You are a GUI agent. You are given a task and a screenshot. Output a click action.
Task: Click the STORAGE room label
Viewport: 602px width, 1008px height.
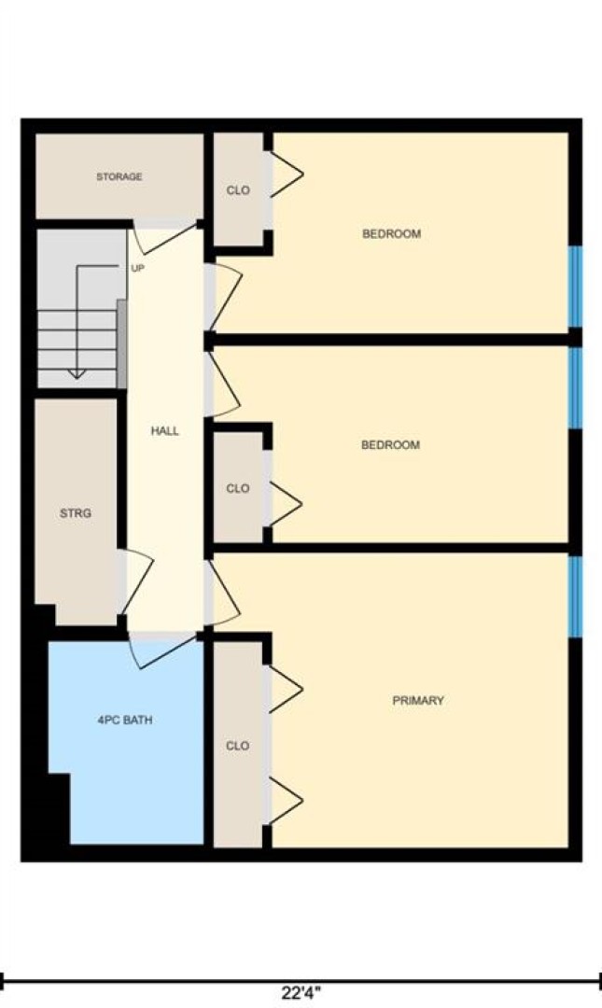point(119,176)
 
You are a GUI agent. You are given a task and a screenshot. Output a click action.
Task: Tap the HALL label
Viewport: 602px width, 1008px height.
point(164,431)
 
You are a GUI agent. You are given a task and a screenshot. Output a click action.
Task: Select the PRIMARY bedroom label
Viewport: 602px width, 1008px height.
point(418,701)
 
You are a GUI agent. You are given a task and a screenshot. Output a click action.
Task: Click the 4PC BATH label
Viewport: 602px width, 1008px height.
point(125,721)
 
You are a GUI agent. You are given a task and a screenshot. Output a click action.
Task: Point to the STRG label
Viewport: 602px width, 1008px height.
point(76,513)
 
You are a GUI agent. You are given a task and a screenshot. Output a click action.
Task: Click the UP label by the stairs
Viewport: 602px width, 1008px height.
point(137,269)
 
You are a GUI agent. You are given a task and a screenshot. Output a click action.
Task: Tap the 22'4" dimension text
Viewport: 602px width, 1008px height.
point(301,993)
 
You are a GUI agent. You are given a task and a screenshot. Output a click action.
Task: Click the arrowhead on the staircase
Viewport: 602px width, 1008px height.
point(77,372)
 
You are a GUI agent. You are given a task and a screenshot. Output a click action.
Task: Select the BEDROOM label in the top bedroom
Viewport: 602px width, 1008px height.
point(392,234)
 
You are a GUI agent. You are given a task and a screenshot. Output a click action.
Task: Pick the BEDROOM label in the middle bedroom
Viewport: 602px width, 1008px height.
point(390,445)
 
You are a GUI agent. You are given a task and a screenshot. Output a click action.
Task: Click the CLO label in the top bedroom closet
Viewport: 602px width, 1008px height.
point(238,191)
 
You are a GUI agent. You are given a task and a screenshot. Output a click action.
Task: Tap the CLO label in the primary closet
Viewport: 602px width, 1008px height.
point(237,747)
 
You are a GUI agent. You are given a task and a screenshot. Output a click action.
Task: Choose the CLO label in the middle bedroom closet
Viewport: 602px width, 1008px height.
point(237,488)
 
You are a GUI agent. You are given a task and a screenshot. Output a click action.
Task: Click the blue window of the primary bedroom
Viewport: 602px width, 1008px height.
point(576,596)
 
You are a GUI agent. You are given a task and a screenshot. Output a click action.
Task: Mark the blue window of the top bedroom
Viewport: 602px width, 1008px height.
point(576,287)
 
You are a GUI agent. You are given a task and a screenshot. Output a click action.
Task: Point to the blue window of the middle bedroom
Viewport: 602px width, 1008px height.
point(576,387)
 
